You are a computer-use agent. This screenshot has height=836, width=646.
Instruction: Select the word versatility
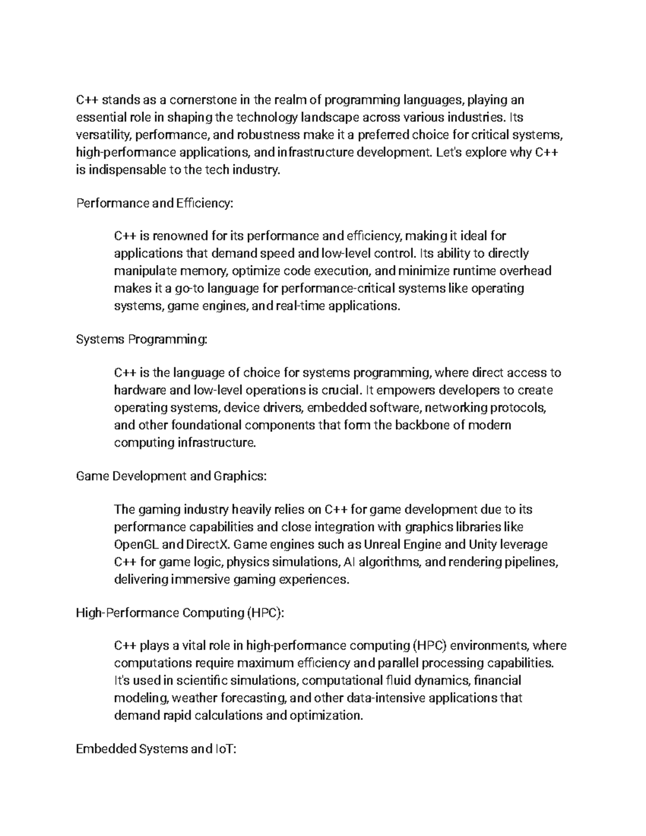pos(104,135)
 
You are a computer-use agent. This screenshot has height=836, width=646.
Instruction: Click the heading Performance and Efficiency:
pos(156,203)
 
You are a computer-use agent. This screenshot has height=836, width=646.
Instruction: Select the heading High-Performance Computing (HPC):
pos(179,613)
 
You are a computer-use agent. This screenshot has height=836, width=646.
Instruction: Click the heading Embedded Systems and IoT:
pos(156,749)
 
